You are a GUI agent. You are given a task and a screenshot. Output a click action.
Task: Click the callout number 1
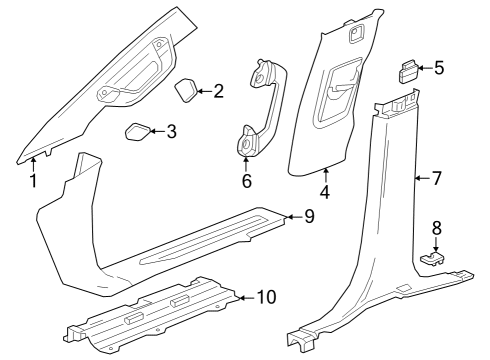point(32,181)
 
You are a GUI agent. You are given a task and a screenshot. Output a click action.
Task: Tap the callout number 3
point(172,131)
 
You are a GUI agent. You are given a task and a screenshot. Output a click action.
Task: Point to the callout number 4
point(325,190)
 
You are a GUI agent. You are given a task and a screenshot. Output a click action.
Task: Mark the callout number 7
point(436,179)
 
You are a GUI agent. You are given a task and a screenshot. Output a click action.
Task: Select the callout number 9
point(309,216)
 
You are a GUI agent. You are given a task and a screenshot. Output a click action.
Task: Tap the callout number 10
point(266,297)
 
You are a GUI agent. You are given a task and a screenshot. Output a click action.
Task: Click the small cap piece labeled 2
point(187,91)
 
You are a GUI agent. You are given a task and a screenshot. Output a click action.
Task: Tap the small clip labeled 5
point(410,70)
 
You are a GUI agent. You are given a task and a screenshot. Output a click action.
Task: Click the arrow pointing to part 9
point(292,216)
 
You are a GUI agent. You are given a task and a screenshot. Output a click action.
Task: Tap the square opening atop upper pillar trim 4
point(354,34)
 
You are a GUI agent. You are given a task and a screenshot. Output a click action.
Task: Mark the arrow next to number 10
point(245,297)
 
